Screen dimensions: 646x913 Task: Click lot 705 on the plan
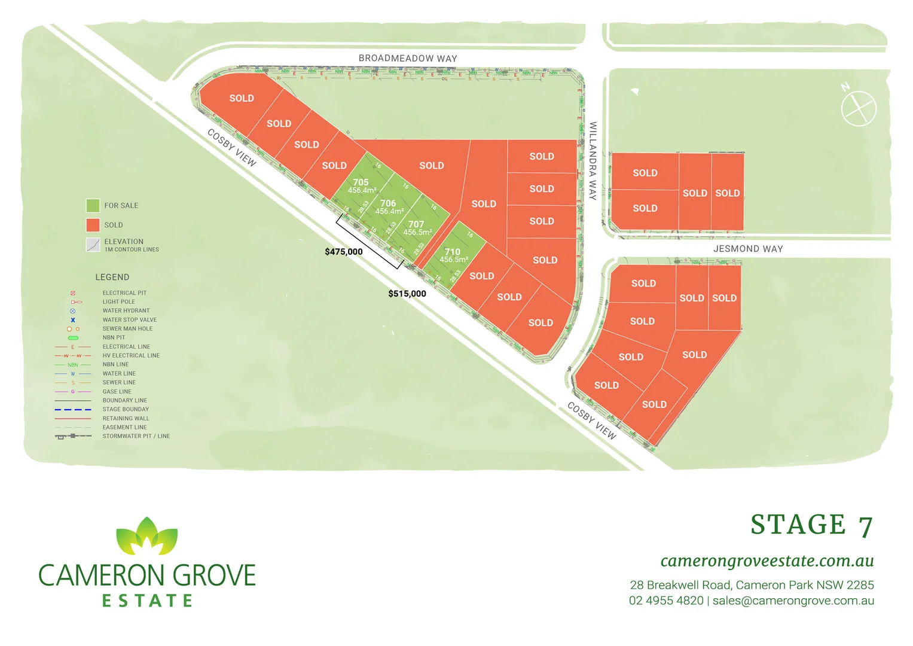tap(361, 185)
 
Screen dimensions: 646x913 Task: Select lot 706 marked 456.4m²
tap(389, 207)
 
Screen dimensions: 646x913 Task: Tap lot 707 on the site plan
tap(417, 228)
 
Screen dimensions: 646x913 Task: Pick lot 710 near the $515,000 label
tap(453, 255)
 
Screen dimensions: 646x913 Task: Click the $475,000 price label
tap(344, 252)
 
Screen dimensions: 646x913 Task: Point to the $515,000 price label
tap(407, 294)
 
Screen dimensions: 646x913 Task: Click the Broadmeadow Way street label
tap(408, 59)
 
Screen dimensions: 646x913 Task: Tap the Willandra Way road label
tap(593, 161)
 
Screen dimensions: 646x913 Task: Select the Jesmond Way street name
tap(748, 249)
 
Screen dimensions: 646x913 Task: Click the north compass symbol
tap(858, 108)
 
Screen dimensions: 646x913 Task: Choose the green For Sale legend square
tap(93, 206)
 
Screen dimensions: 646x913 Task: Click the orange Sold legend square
tap(93, 225)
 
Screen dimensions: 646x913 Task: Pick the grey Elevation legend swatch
tap(93, 245)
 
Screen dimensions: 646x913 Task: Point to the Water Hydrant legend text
tap(126, 311)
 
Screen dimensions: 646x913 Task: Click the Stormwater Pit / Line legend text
tap(136, 437)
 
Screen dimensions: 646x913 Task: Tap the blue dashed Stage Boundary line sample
tap(73, 410)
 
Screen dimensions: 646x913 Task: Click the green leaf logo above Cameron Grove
tap(147, 536)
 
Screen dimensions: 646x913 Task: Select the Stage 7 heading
tap(811, 525)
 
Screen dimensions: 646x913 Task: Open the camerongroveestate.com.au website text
tap(767, 561)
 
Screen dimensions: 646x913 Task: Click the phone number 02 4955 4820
tap(666, 601)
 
